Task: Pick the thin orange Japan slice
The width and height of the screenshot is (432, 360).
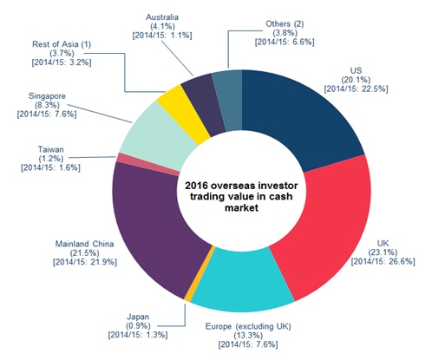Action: (x=200, y=275)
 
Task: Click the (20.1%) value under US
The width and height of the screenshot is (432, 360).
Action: (x=356, y=80)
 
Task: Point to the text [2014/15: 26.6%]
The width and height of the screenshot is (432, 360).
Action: (x=383, y=261)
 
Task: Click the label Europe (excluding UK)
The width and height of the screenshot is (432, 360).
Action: (x=248, y=326)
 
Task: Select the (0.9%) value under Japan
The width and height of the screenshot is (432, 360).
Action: (x=138, y=325)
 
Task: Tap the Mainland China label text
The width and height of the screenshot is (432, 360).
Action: (x=84, y=244)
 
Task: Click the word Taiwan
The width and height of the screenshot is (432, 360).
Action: (x=50, y=149)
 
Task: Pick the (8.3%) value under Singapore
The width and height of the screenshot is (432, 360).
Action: (x=47, y=105)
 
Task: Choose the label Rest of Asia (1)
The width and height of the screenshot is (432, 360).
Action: (x=62, y=44)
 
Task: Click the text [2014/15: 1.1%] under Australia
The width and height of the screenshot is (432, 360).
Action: (x=162, y=36)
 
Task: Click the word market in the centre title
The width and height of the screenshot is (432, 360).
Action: (x=241, y=207)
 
